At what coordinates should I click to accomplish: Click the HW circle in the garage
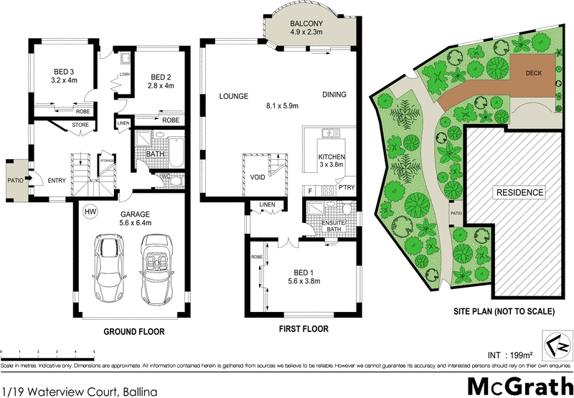click(x=90, y=212)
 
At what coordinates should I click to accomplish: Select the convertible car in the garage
click(x=156, y=270)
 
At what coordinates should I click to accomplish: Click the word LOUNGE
click(x=234, y=96)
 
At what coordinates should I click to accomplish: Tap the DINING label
click(x=334, y=95)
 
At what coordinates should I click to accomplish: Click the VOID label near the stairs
click(x=258, y=177)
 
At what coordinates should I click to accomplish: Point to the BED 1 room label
click(x=301, y=276)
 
